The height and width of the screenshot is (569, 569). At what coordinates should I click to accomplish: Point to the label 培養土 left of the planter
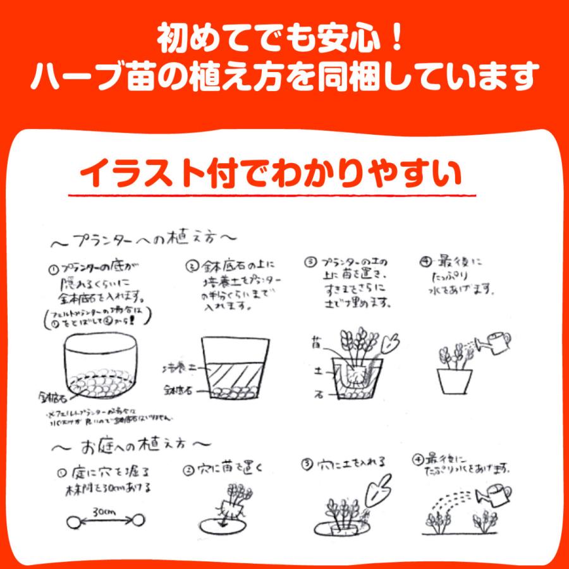pyautogui.click(x=180, y=367)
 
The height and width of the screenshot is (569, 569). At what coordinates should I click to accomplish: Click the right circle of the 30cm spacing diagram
pyautogui.click(x=134, y=522)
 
